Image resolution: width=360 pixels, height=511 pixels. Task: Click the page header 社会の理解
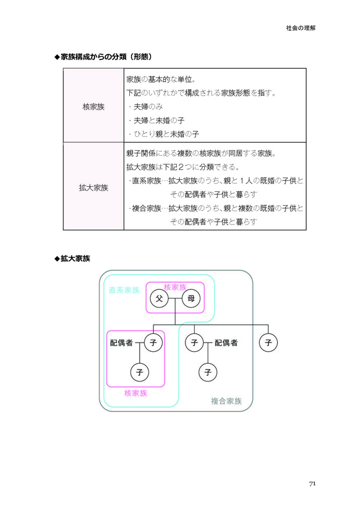click(300, 28)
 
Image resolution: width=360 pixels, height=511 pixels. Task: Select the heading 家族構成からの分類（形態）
click(104, 57)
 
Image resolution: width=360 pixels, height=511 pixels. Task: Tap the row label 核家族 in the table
click(93, 107)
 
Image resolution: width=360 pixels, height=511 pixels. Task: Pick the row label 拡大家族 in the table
click(93, 188)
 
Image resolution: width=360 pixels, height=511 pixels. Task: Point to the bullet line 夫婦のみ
click(145, 107)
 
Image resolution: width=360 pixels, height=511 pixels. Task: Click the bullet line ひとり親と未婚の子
click(163, 134)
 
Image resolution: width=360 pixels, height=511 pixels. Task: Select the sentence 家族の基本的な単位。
click(161, 79)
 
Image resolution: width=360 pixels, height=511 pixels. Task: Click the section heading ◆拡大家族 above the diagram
click(72, 259)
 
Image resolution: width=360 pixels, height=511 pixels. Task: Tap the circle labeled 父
click(159, 298)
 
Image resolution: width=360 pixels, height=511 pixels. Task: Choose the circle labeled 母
click(191, 298)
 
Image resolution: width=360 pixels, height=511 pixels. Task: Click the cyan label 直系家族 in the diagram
click(124, 290)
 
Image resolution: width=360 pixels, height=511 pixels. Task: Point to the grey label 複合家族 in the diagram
click(226, 401)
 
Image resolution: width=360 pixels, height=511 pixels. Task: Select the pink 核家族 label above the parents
click(175, 287)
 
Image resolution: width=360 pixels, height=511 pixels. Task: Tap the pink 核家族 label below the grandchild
click(136, 394)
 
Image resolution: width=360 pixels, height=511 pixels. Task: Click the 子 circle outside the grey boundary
click(268, 343)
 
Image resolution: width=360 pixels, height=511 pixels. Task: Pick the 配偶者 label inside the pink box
click(121, 343)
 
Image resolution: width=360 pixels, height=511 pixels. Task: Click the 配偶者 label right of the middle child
click(226, 343)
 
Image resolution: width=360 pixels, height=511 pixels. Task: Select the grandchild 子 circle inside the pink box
click(140, 372)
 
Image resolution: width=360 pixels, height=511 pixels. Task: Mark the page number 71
click(312, 484)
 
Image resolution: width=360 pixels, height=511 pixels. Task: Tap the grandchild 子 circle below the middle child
click(208, 372)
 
